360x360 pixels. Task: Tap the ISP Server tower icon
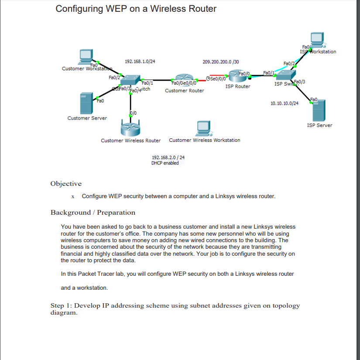click(x=319, y=110)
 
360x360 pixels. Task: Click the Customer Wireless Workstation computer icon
click(x=203, y=128)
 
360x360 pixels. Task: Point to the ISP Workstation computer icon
click(x=316, y=39)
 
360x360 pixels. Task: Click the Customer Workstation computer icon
click(x=86, y=56)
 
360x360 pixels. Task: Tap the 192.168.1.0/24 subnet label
click(x=140, y=62)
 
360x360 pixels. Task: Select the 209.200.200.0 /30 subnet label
click(x=221, y=62)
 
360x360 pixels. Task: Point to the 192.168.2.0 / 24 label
click(x=168, y=157)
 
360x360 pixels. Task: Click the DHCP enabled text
click(x=165, y=163)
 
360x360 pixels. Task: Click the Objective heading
click(x=66, y=184)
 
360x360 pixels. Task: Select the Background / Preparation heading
click(x=93, y=213)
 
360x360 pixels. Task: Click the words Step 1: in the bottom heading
click(x=62, y=305)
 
